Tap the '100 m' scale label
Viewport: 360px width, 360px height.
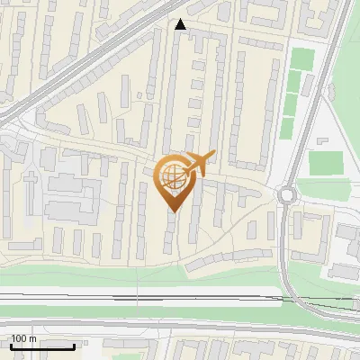coord(24,339)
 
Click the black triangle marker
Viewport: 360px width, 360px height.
coord(181,25)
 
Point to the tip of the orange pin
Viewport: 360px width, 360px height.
coord(173,211)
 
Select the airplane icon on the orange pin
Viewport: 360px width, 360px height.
coord(200,163)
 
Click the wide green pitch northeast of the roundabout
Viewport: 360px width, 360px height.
coord(325,164)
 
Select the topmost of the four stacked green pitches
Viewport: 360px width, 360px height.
coord(301,59)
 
